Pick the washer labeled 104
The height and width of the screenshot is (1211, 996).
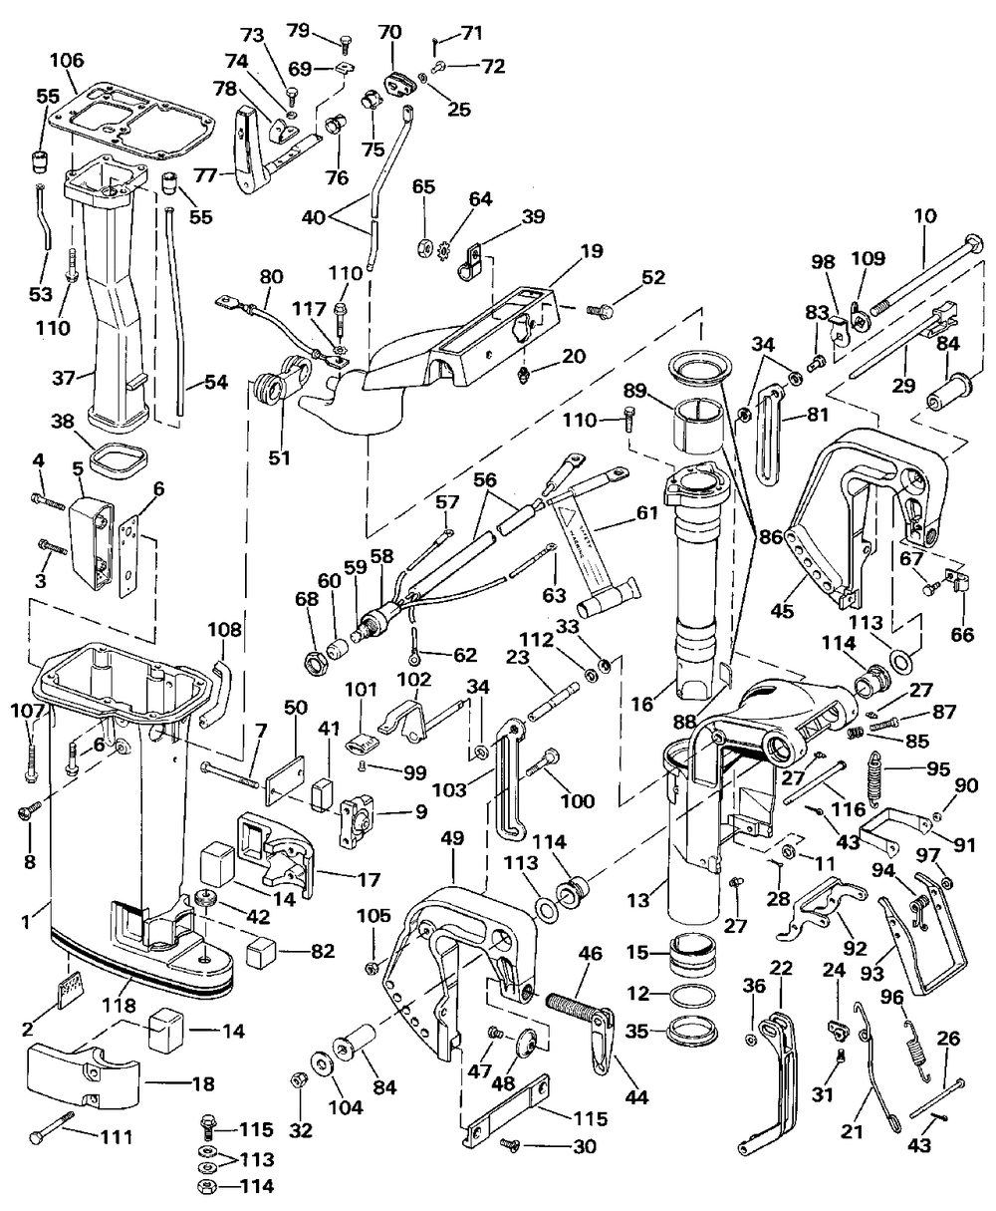pyautogui.click(x=326, y=1063)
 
